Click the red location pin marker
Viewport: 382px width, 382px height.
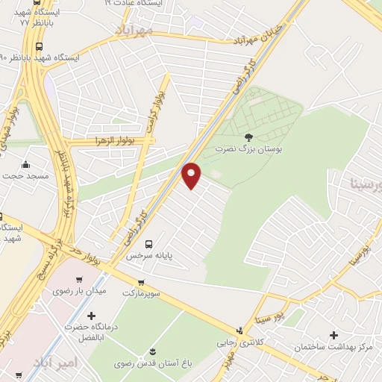pos(192,175)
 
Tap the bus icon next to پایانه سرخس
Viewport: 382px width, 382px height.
pos(148,243)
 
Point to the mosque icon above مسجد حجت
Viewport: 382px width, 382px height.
pos(26,165)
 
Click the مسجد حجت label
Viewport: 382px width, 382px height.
pos(27,176)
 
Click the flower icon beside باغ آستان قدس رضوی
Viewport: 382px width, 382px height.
pos(153,351)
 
